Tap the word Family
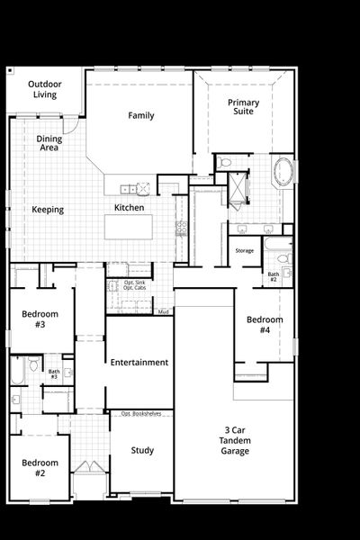pos(141,115)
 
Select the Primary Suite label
pos(243,107)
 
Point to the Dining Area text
pos(49,143)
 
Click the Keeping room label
pos(48,210)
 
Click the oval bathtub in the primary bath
pos(283,171)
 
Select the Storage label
pos(244,250)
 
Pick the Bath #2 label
pos(273,276)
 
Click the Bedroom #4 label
pos(265,325)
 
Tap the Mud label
pos(164,311)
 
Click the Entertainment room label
pos(139,363)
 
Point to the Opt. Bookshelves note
pos(141,413)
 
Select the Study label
pos(141,450)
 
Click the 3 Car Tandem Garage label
pos(233,440)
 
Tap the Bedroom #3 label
pos(40,319)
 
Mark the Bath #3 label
pos(54,373)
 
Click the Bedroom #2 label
pos(40,468)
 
